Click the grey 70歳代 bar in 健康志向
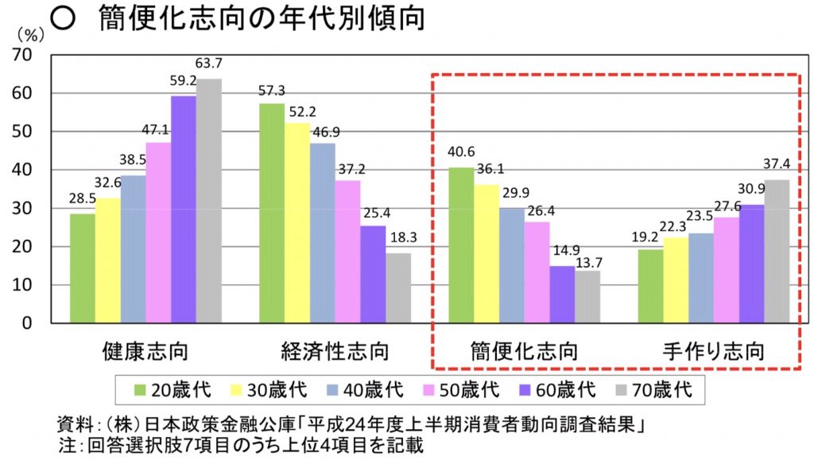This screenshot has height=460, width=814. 208,201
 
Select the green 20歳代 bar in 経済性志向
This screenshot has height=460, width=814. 272,213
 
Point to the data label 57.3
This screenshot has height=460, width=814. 272,91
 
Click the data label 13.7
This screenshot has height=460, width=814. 589,260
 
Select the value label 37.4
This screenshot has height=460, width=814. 777,165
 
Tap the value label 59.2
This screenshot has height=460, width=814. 183,80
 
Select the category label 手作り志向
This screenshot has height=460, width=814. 714,350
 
